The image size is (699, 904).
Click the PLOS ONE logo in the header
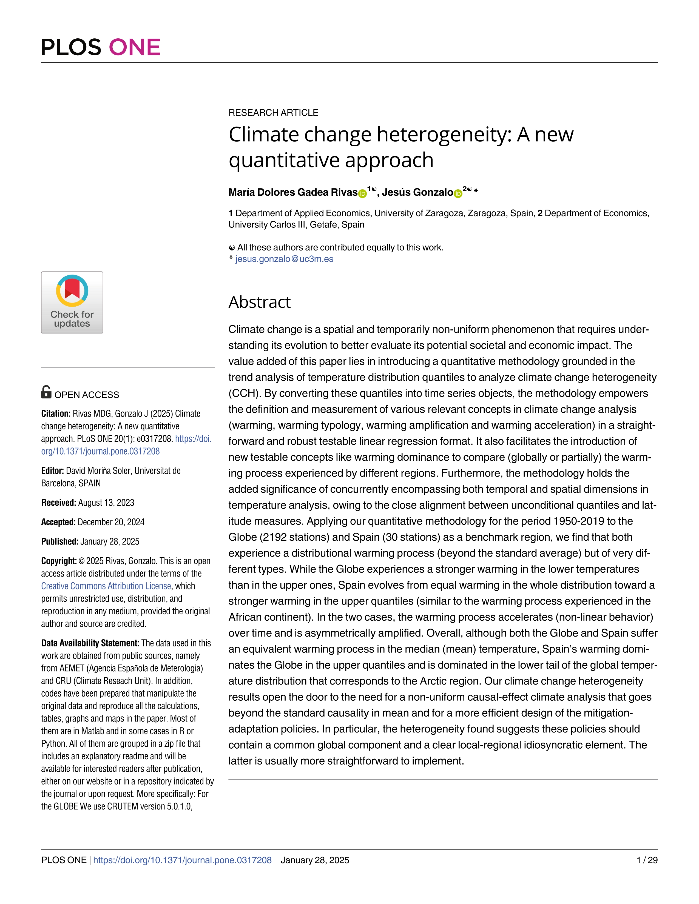[101, 47]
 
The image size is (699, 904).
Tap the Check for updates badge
[72, 303]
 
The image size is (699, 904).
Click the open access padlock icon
[46, 392]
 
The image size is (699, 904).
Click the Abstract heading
[259, 302]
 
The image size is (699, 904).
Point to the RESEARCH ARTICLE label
[273, 113]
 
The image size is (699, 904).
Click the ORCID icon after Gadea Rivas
[362, 193]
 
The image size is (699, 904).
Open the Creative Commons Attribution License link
[106, 586]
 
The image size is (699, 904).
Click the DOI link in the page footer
[182, 860]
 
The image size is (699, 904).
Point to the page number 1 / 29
[647, 860]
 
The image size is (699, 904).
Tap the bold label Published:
[60, 541]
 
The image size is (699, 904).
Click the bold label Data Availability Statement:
[90, 643]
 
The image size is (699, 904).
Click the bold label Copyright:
[59, 561]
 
